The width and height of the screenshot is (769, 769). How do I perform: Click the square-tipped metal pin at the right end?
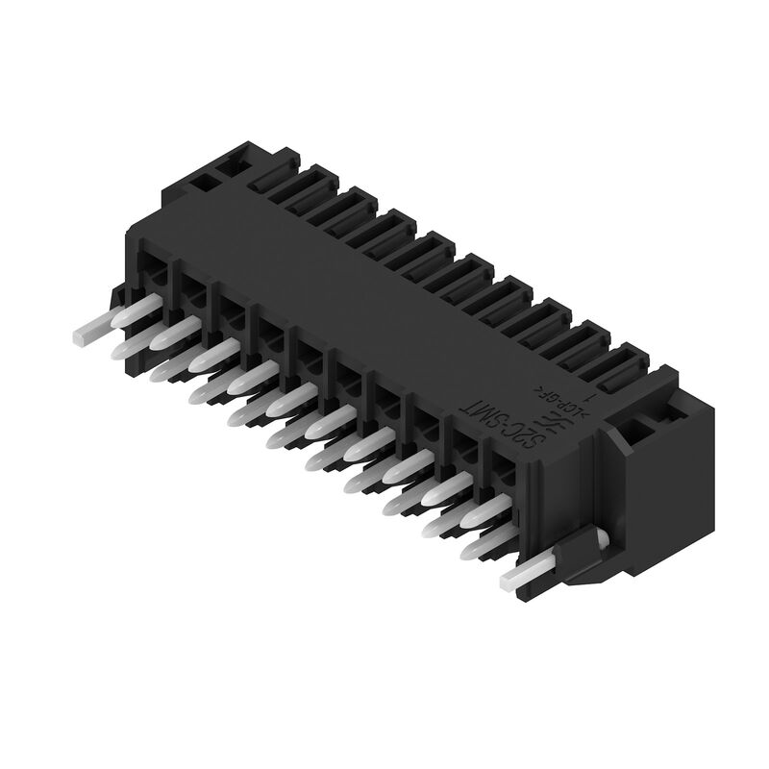[x=524, y=576]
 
